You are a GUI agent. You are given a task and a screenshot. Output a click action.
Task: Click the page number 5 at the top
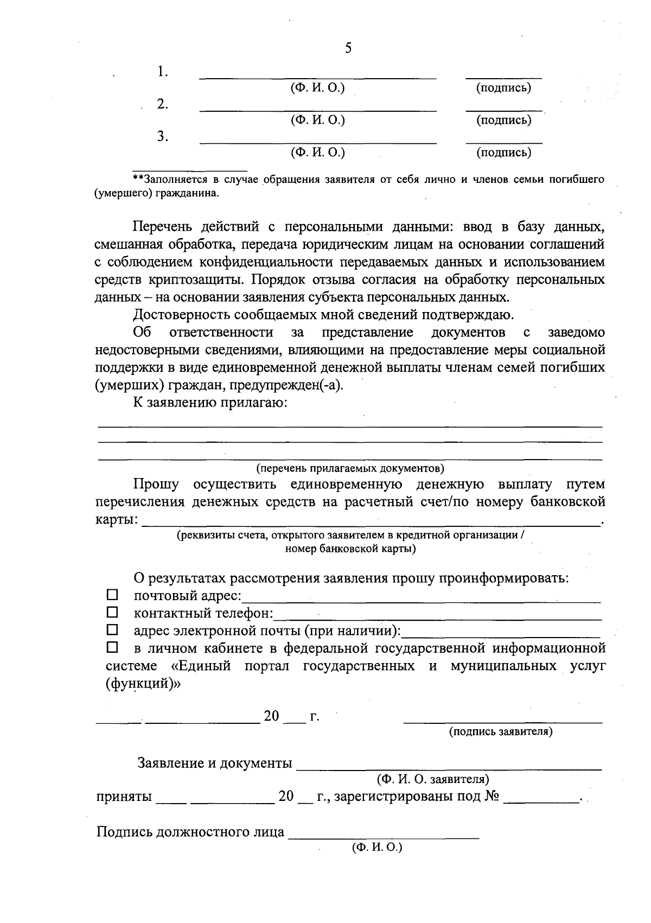(348, 49)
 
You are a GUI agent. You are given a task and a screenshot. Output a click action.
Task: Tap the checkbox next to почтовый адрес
(112, 595)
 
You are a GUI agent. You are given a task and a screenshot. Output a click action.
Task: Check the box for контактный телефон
(112, 613)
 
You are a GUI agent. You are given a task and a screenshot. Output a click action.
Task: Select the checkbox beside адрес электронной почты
(112, 630)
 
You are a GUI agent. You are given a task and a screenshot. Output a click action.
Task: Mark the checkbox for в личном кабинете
(112, 647)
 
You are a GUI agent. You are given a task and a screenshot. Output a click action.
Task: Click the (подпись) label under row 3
(503, 153)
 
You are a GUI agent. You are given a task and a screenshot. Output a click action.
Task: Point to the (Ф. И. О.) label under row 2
(318, 120)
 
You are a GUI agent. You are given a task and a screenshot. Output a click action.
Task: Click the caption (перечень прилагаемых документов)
(350, 468)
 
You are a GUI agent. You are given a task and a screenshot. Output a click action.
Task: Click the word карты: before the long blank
(116, 520)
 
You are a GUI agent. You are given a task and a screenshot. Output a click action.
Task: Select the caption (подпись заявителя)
(501, 731)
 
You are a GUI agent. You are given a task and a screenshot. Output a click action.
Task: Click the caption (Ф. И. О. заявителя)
(433, 780)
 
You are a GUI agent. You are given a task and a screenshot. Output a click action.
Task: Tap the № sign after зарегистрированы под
(492, 797)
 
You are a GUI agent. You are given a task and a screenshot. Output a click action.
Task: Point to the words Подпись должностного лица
(190, 832)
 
